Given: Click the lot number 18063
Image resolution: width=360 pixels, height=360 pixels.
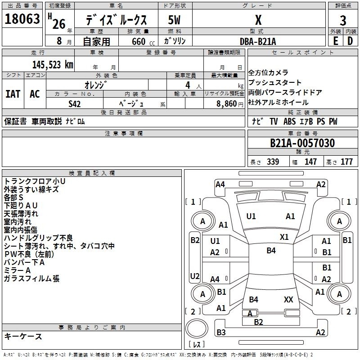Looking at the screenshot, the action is pyautogui.click(x=22, y=19).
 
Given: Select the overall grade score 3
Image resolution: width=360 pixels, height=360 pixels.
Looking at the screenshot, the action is pyautogui.click(x=343, y=21).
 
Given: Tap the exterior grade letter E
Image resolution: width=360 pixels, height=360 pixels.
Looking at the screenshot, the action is pyautogui.click(x=335, y=41).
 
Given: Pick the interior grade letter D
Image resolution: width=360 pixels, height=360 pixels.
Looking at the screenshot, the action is pyautogui.click(x=350, y=41).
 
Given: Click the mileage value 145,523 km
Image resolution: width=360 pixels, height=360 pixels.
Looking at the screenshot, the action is pyautogui.click(x=53, y=65).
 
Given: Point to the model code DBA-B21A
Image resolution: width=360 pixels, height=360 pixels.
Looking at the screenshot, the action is pyautogui.click(x=258, y=41).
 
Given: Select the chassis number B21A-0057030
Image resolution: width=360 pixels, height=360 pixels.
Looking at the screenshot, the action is pyautogui.click(x=302, y=143).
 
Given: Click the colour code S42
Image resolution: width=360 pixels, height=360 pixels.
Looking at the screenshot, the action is pyautogui.click(x=75, y=104).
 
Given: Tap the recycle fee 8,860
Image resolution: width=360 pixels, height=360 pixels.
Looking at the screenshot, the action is pyautogui.click(x=227, y=104).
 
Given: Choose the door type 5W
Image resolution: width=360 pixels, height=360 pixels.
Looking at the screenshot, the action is pyautogui.click(x=174, y=20).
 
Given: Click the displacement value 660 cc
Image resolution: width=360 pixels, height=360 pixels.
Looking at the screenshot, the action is pyautogui.click(x=143, y=42).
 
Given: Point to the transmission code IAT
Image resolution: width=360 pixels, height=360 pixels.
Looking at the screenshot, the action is pyautogui.click(x=13, y=94).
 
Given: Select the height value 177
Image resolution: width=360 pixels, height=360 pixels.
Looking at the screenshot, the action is pyautogui.click(x=346, y=162).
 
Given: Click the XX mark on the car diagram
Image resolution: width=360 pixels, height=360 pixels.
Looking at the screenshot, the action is pyautogui.click(x=288, y=300).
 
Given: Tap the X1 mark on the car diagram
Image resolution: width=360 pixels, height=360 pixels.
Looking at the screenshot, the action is pyautogui.click(x=284, y=237).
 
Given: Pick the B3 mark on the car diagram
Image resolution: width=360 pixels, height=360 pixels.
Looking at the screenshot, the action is pyautogui.click(x=221, y=333).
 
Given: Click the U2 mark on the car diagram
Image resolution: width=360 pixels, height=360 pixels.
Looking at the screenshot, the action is pyautogui.click(x=195, y=276).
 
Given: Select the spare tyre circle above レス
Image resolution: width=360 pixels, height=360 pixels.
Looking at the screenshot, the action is pyautogui.click(x=197, y=328).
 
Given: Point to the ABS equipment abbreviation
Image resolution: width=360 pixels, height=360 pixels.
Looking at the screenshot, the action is pyautogui.click(x=289, y=121).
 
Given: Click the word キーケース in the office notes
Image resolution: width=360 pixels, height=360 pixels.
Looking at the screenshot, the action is pyautogui.click(x=23, y=337).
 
